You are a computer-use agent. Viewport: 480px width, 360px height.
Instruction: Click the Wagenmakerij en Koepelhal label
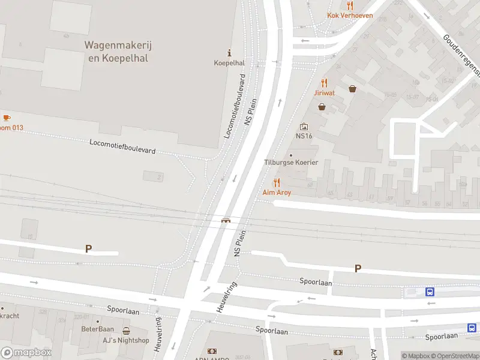116,51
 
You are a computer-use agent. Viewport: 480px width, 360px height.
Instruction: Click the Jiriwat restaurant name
325,93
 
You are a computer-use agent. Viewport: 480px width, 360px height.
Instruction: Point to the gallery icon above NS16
304,127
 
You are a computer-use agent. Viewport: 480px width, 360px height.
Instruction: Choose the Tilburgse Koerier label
291,163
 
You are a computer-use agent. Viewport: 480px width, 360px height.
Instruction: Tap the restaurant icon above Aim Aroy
276,182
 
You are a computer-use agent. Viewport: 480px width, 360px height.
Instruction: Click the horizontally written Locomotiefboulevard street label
122,146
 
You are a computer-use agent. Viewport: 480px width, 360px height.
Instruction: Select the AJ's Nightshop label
125,340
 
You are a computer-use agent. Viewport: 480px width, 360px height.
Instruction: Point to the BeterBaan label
97,329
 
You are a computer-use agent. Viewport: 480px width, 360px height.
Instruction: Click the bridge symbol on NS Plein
226,220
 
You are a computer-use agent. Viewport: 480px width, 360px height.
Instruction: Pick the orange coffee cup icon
7,118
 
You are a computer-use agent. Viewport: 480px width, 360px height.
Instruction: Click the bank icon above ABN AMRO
212,351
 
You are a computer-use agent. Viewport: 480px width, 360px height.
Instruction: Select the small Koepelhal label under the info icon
229,62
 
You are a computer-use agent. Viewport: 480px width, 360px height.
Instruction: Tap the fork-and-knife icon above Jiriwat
325,83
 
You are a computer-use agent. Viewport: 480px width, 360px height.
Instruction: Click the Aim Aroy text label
277,193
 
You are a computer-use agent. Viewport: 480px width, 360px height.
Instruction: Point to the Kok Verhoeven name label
350,16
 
